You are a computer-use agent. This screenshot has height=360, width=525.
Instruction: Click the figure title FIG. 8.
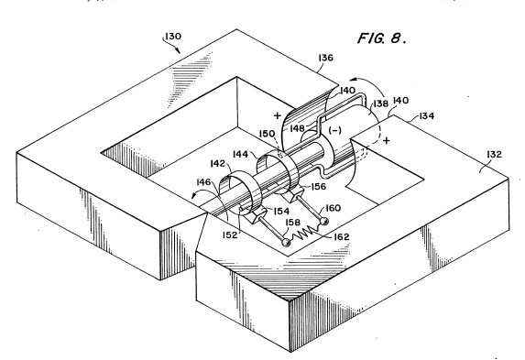click(x=382, y=38)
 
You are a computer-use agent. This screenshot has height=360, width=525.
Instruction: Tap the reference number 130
click(x=173, y=36)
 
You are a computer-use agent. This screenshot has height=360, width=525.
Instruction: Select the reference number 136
click(x=326, y=58)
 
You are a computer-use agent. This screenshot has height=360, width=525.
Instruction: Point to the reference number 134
click(x=427, y=115)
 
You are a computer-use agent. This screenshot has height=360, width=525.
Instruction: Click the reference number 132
click(x=494, y=155)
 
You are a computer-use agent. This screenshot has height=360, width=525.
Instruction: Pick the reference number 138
click(x=380, y=104)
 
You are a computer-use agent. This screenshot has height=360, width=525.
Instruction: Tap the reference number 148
click(x=298, y=128)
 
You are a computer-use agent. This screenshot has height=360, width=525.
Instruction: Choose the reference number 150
click(x=268, y=134)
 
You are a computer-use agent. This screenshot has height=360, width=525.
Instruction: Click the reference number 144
click(x=240, y=154)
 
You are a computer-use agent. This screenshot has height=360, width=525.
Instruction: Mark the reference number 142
click(x=218, y=163)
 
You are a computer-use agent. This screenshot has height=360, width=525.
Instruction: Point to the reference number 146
click(x=203, y=182)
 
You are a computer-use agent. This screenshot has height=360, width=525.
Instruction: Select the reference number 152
click(x=230, y=235)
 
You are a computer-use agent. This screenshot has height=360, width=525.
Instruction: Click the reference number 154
click(x=281, y=212)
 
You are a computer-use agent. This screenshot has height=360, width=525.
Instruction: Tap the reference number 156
click(x=318, y=187)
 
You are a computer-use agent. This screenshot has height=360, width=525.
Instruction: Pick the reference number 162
click(x=342, y=237)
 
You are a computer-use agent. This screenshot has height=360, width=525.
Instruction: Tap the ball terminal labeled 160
click(x=323, y=221)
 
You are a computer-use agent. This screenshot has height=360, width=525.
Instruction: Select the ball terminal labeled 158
click(x=286, y=242)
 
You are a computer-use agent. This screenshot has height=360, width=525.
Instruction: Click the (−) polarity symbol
click(x=334, y=130)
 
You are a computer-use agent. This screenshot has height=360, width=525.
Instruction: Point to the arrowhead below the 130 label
click(x=178, y=50)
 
